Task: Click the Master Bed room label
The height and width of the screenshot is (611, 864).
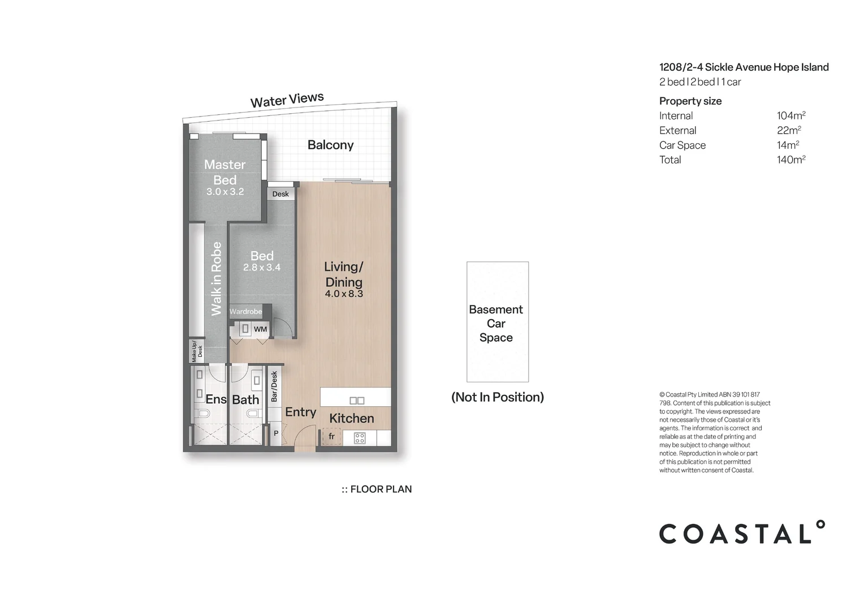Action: (x=224, y=172)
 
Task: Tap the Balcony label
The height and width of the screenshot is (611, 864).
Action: (x=330, y=145)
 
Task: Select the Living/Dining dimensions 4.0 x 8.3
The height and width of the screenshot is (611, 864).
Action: (x=344, y=294)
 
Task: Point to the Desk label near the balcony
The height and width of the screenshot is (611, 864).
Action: (x=280, y=194)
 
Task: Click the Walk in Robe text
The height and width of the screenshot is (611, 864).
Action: (x=216, y=279)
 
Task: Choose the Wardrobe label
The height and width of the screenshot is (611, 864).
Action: (x=245, y=312)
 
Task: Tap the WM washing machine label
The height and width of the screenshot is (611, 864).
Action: (x=260, y=329)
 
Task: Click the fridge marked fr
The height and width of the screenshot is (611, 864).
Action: (x=332, y=437)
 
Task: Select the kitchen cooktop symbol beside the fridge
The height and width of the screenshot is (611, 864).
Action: (x=360, y=438)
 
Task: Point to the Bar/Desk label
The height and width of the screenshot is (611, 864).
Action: (x=274, y=386)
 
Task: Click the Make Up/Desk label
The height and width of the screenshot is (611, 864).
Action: (x=196, y=351)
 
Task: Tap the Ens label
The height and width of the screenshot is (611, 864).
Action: (x=215, y=399)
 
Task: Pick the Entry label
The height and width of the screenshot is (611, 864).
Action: (x=300, y=412)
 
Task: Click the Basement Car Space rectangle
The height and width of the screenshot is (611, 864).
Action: (x=497, y=322)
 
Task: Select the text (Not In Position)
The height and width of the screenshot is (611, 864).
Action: (x=498, y=397)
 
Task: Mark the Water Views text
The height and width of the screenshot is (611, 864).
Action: (x=287, y=100)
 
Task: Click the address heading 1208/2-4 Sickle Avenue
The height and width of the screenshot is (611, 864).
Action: (x=744, y=67)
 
